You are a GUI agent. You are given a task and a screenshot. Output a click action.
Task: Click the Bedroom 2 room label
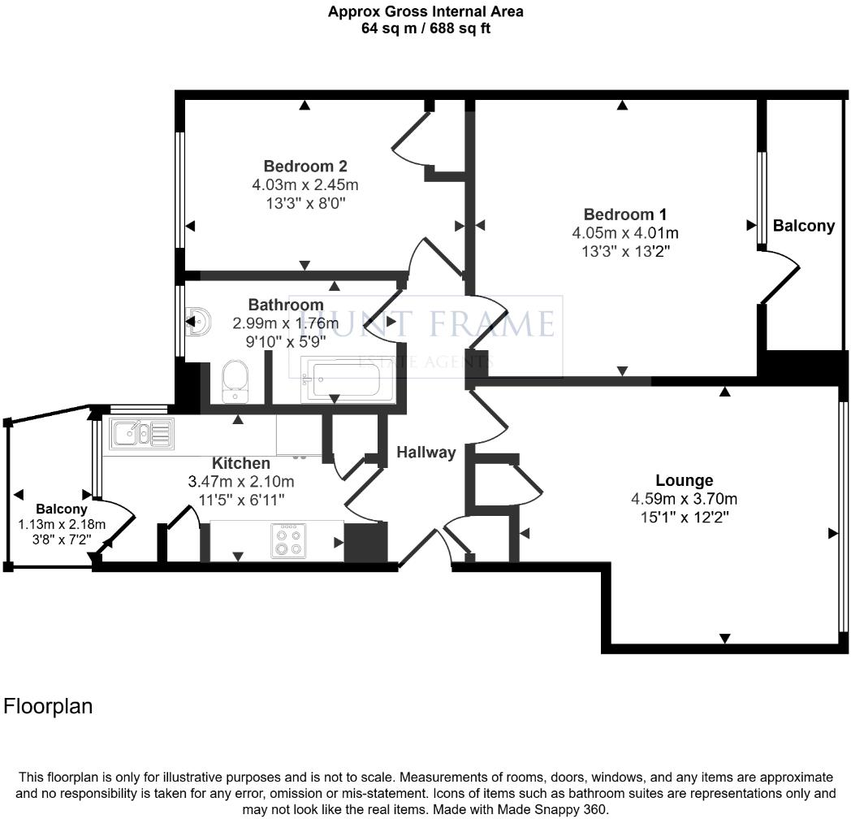pos(305,167)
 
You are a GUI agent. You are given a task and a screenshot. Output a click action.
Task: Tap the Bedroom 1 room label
pos(625,214)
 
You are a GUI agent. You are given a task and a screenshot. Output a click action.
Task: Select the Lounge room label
pos(685,481)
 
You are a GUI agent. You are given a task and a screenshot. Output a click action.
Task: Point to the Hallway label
pos(425,453)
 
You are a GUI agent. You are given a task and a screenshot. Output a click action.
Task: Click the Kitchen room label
pos(241,463)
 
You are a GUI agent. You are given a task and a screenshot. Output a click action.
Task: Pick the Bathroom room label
pos(286,305)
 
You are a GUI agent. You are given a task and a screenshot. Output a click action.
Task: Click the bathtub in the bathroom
pos(337,379)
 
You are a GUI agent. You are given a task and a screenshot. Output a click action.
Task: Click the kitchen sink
pos(142,434)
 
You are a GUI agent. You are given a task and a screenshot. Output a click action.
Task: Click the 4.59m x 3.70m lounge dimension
pos(685,499)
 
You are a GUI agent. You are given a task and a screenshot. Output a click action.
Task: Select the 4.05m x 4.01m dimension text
pos(625,233)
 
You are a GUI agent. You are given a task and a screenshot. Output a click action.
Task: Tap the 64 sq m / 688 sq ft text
pos(425,28)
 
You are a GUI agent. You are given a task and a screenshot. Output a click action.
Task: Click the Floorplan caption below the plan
pos(48,706)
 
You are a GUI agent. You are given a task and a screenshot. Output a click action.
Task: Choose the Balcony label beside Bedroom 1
pos(803,226)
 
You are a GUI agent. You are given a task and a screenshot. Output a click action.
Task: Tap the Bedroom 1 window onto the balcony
pos(762,198)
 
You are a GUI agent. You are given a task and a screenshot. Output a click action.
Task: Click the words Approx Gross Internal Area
pos(425,11)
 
